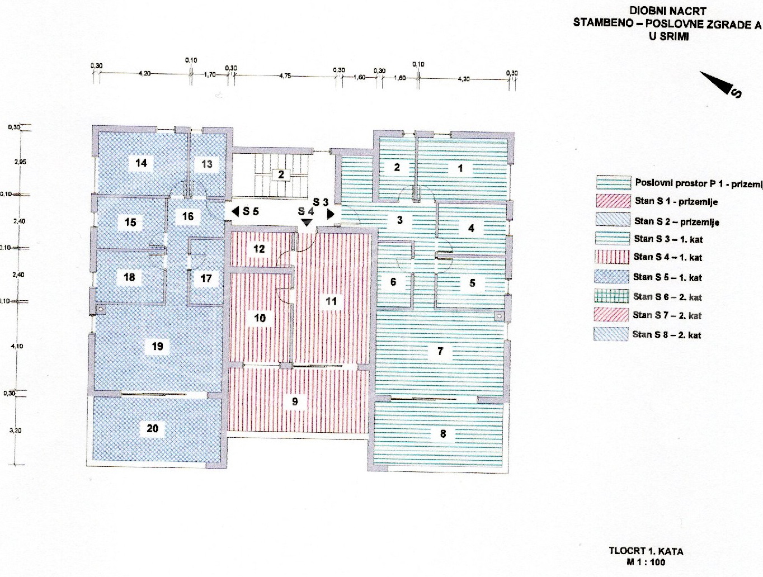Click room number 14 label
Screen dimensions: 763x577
coord(141,163)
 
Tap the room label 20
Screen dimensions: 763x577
coord(153,428)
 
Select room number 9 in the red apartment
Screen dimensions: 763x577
coord(295,401)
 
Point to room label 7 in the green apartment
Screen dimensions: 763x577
coord(440,351)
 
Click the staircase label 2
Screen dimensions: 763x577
coord(281,174)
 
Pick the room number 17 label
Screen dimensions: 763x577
coord(206,278)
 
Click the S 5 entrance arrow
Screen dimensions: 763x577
coord(236,211)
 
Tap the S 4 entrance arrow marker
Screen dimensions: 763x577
coord(306,221)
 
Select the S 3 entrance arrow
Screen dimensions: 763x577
coord(330,214)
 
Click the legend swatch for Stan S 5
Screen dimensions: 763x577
coord(612,277)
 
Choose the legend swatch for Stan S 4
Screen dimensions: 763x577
coord(612,257)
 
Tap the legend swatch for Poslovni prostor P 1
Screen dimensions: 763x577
coord(613,182)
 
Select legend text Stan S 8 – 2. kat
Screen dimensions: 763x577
coord(667,335)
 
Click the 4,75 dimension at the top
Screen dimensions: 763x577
coord(285,75)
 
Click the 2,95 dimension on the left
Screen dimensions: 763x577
coord(20,162)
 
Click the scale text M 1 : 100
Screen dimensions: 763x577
coord(646,562)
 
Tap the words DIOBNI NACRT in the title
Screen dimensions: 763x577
coord(668,11)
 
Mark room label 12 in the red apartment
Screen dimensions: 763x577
coord(259,249)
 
